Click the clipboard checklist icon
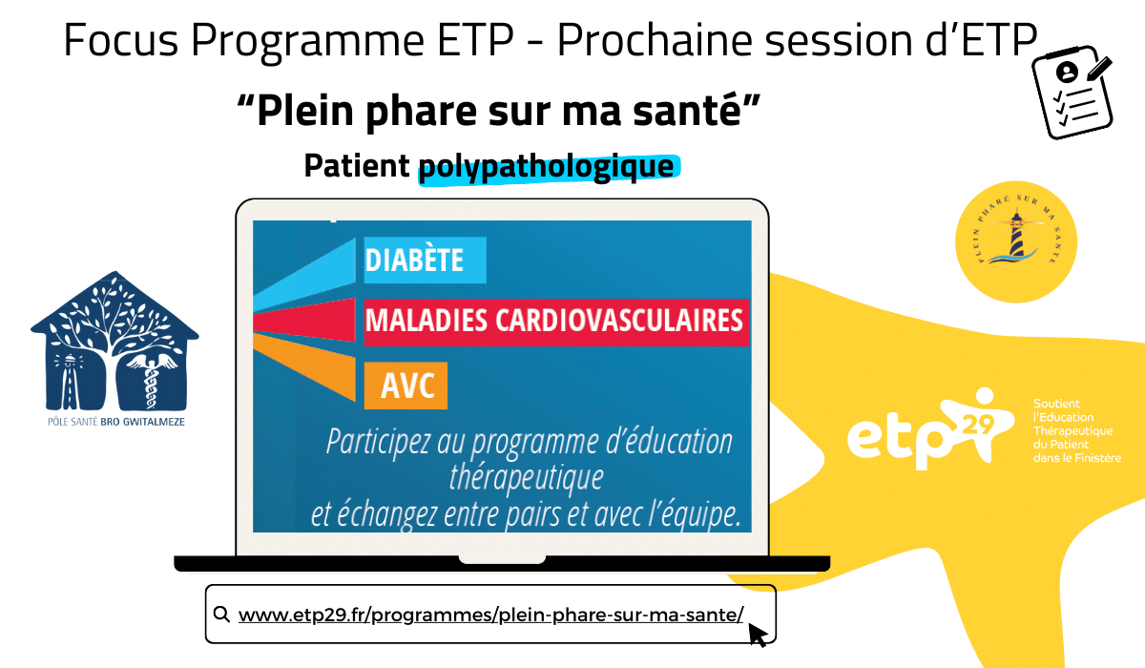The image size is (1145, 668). point(1072,92)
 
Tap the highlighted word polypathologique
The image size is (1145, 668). point(547,166)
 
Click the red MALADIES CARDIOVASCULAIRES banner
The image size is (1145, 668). point(556,322)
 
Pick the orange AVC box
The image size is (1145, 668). point(406,386)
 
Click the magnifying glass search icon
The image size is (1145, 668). point(221,614)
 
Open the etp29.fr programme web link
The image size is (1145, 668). point(491,615)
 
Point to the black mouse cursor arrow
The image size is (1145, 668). point(758,635)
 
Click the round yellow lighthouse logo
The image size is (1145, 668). point(1016,241)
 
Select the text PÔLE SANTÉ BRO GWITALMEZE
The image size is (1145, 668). point(116,422)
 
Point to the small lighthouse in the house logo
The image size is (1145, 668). point(69,381)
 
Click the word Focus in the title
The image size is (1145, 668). point(120,40)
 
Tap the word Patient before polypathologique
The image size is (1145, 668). point(357,166)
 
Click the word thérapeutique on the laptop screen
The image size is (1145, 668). point(527,478)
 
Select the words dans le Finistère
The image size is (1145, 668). point(1077,458)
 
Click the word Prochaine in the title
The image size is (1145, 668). point(655,40)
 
